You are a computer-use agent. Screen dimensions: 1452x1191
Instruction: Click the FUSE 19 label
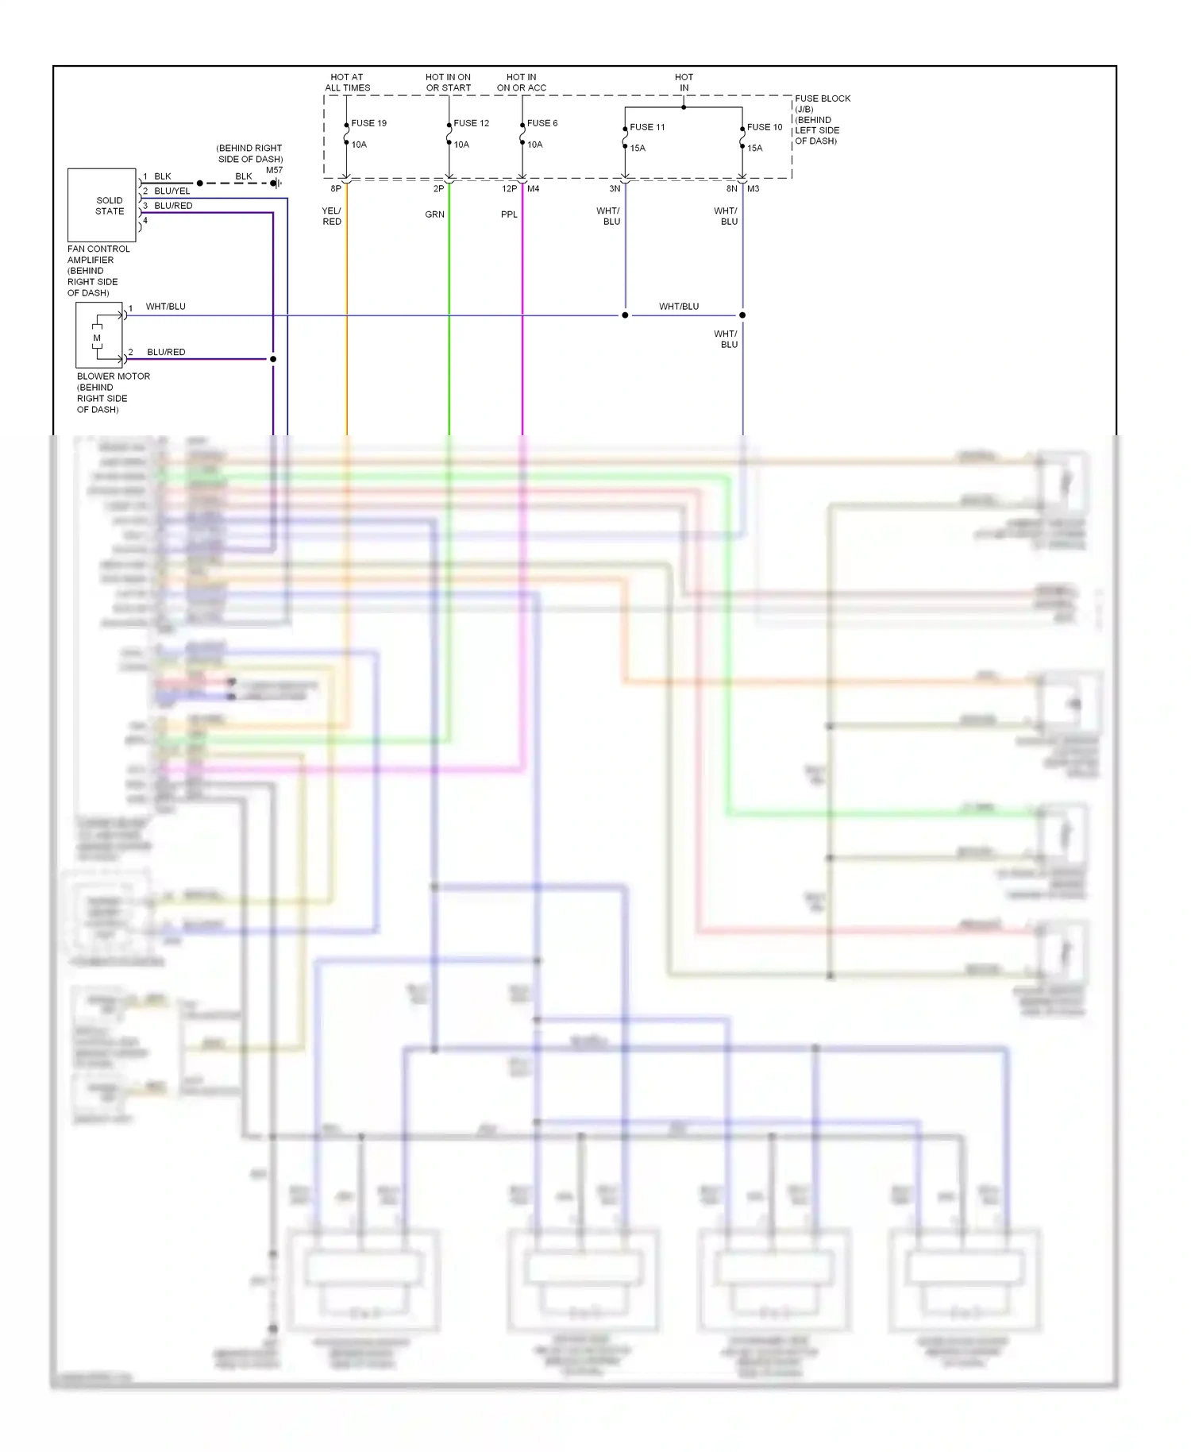(x=368, y=123)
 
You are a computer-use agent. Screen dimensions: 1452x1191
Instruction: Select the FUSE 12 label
(x=471, y=123)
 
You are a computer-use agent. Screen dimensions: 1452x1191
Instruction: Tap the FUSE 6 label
(x=542, y=123)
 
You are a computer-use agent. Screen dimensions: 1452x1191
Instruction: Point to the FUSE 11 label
(x=647, y=127)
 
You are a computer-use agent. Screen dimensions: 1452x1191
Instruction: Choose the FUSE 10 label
(x=765, y=127)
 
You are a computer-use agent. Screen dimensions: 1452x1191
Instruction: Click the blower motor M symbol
(x=98, y=338)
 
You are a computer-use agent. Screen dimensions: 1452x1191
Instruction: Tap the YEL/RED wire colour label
(x=332, y=216)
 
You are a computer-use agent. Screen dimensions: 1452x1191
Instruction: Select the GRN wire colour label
(x=434, y=214)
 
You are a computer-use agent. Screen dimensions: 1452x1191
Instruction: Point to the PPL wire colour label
(x=509, y=214)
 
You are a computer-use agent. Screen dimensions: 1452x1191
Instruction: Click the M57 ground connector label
(x=274, y=170)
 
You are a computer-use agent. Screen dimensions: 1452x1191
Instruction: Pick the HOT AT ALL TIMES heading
(x=347, y=83)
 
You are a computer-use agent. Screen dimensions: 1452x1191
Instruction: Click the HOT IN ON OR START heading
(x=448, y=83)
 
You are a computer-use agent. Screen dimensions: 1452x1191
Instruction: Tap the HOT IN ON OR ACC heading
(x=521, y=83)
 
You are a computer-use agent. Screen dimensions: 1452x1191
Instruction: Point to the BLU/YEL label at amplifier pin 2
(x=172, y=191)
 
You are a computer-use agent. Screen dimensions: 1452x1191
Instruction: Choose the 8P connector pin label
(x=336, y=189)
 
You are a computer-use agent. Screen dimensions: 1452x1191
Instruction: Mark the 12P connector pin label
(x=509, y=189)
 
